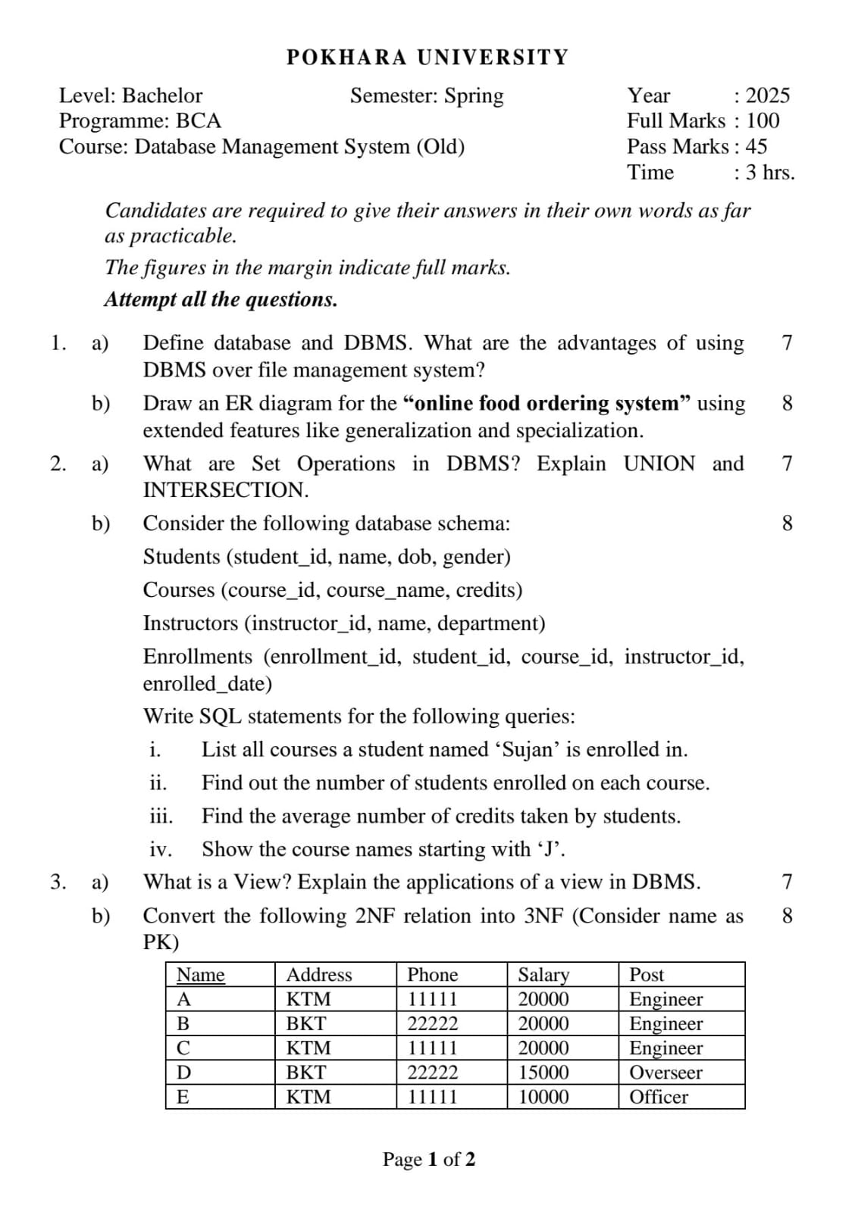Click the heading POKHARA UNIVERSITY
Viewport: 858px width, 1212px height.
point(427,58)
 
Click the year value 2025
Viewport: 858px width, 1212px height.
point(767,95)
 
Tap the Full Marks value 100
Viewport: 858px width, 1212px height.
point(762,120)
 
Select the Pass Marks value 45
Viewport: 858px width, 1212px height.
point(756,146)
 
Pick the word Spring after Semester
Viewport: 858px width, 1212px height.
point(474,95)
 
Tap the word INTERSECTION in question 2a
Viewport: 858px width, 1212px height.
point(225,490)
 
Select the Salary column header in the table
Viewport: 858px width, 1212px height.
point(543,974)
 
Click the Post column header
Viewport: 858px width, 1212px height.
point(647,974)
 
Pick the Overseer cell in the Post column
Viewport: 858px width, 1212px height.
point(665,1072)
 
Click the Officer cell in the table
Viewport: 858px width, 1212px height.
point(659,1096)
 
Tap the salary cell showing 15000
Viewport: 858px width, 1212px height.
point(543,1072)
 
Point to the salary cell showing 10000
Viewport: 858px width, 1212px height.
point(543,1096)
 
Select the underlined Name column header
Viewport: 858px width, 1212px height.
point(200,974)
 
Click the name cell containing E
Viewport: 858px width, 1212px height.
point(183,1096)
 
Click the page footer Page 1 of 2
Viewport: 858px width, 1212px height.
point(429,1159)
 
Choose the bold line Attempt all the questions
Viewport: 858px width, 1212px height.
point(221,299)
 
